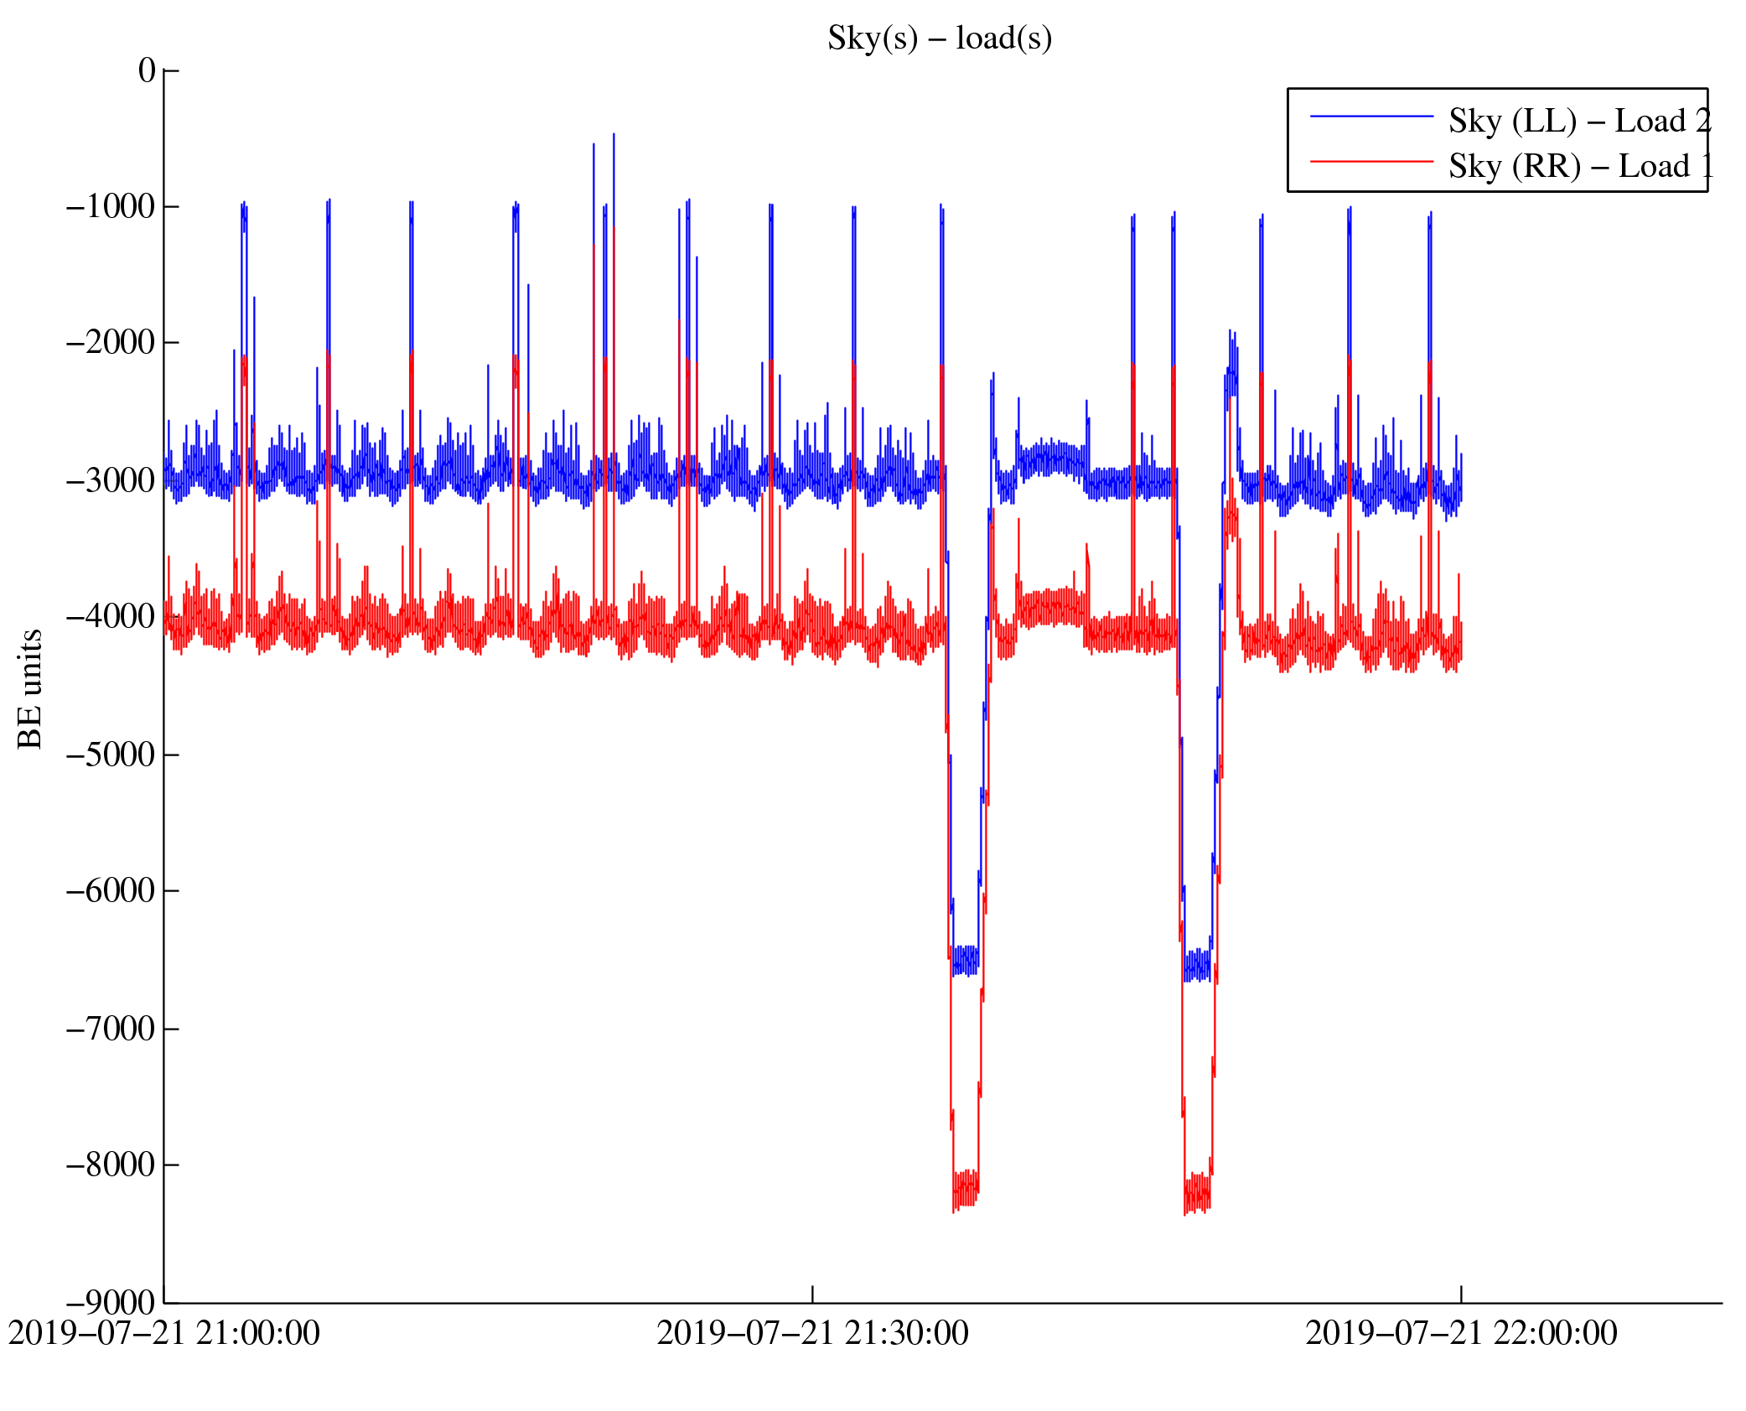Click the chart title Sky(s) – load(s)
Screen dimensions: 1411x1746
tap(939, 39)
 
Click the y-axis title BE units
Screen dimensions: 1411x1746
tap(30, 688)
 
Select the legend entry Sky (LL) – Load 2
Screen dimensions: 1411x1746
tap(1578, 122)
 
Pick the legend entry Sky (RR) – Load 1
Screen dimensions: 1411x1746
tap(1580, 167)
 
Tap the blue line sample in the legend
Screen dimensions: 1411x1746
tap(1371, 117)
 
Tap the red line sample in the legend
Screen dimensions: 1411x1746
tap(1371, 161)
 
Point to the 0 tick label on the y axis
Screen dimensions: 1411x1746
tap(147, 70)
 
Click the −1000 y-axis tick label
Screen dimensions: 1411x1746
tap(111, 206)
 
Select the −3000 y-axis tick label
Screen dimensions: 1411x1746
tap(111, 480)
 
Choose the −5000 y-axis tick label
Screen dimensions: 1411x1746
tap(111, 755)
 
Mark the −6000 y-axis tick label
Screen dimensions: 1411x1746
tap(111, 890)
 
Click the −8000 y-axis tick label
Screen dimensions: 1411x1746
tap(111, 1165)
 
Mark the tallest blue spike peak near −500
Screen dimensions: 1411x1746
tap(614, 134)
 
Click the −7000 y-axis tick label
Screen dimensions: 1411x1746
tap(111, 1029)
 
